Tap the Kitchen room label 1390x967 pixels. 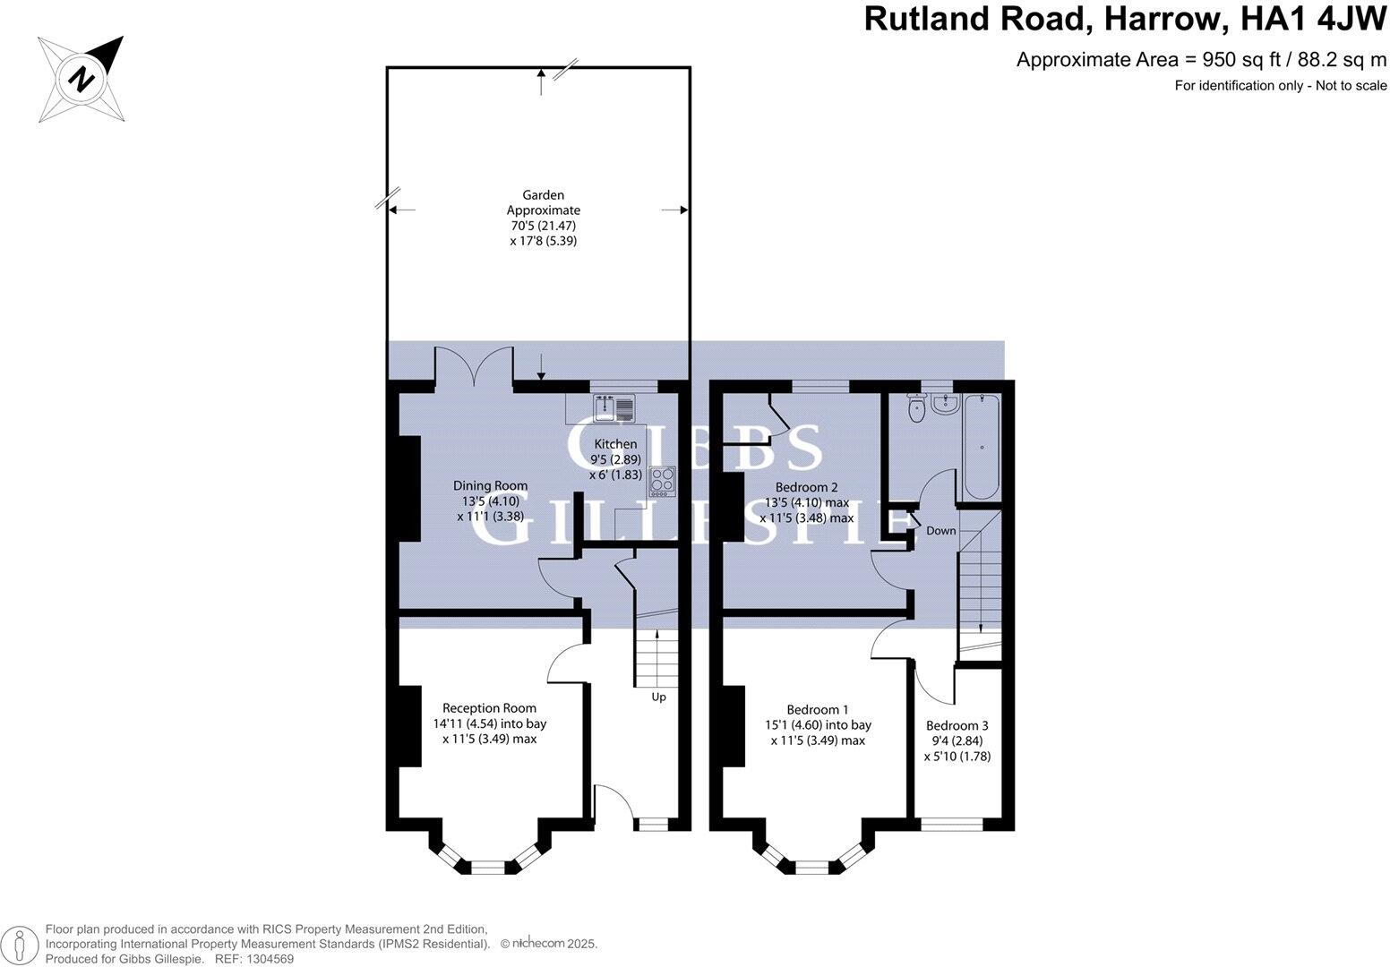click(616, 444)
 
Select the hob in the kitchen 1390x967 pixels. click(662, 481)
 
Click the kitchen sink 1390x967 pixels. click(613, 408)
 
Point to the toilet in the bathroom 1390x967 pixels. click(916, 409)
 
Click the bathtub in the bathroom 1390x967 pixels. click(982, 447)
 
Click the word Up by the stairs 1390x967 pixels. click(658, 697)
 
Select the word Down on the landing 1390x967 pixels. click(941, 531)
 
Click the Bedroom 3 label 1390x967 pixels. click(957, 725)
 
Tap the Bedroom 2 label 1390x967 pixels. click(806, 488)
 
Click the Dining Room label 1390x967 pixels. click(490, 486)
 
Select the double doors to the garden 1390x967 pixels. click(474, 367)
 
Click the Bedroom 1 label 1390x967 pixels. click(818, 709)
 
